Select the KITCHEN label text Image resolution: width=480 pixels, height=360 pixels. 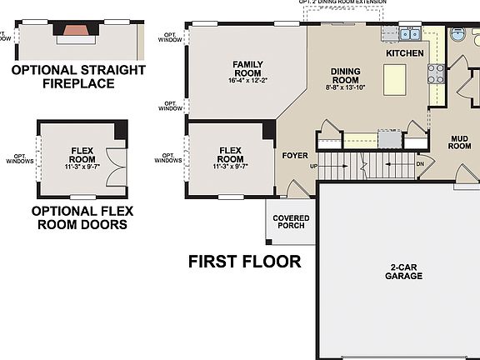404,53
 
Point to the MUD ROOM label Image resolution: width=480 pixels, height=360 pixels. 460,141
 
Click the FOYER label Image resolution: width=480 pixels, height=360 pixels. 295,155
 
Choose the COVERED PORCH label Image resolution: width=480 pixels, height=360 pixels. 291,222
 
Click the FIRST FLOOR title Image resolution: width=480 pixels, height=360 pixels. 244,262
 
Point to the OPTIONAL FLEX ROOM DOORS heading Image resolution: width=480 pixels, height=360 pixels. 79,217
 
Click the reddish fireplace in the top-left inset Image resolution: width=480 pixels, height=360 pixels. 77,32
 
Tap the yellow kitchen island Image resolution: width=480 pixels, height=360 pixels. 394,81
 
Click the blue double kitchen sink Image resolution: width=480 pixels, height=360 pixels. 408,34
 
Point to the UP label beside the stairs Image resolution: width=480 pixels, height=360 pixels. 313,167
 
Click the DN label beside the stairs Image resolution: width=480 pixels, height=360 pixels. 421,164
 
